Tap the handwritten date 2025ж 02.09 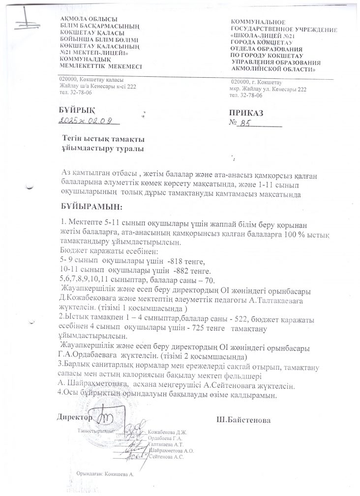(87, 120)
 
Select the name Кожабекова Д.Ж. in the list (168, 433)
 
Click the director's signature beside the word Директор (104, 418)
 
